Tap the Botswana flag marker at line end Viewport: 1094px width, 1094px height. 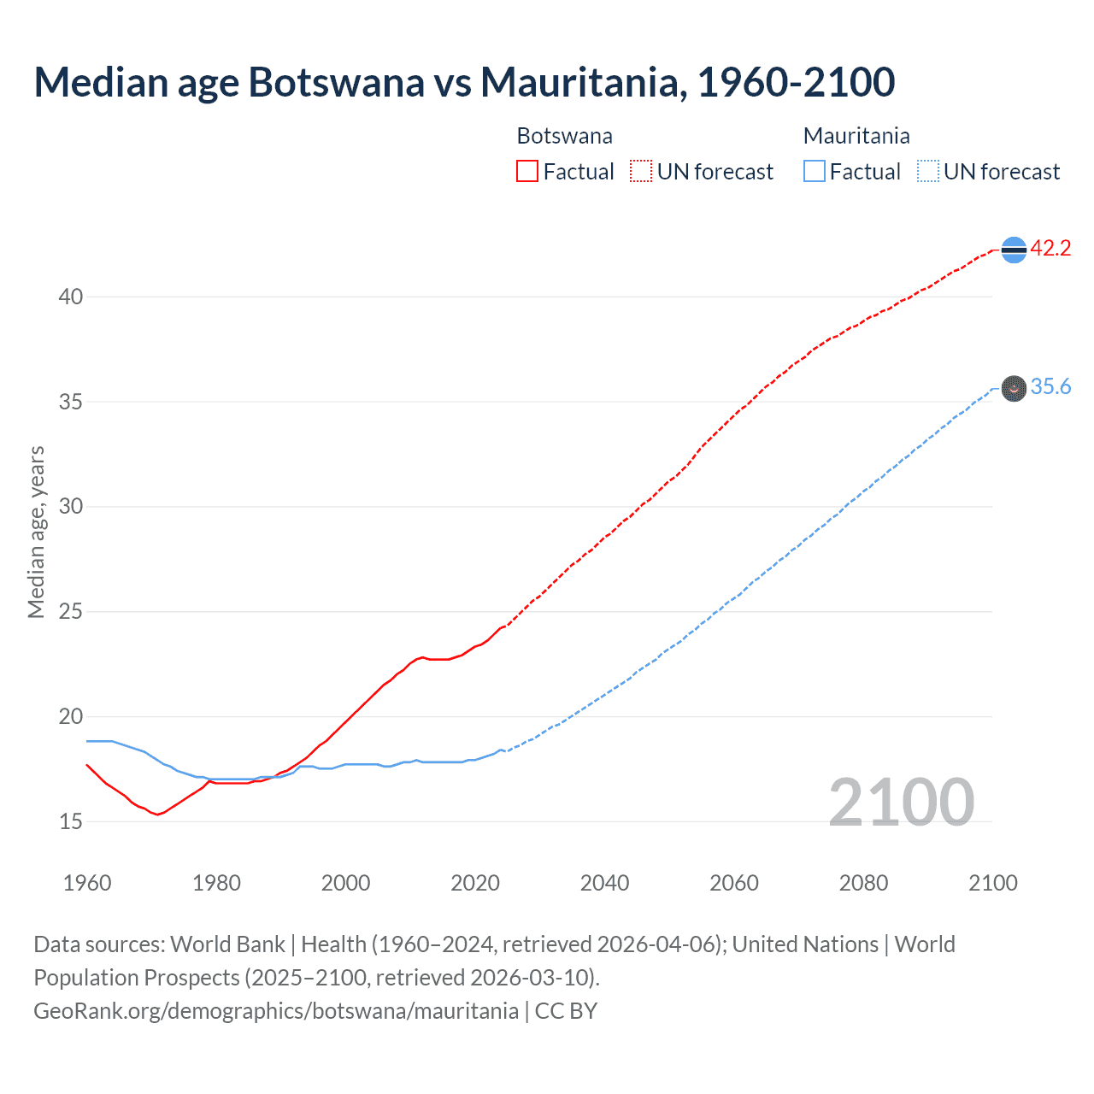click(1014, 250)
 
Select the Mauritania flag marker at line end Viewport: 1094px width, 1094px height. click(1014, 388)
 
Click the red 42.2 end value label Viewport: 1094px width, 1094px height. click(1050, 249)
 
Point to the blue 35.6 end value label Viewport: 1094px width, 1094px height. click(1050, 387)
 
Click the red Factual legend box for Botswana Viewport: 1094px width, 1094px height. click(527, 172)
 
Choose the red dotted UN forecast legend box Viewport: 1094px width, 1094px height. click(641, 172)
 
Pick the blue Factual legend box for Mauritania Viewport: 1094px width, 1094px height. click(814, 172)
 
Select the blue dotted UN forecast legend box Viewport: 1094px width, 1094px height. click(927, 172)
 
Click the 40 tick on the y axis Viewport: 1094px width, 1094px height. click(71, 297)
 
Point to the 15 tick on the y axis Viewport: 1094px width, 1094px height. click(71, 821)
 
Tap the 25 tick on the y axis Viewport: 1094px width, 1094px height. click(71, 612)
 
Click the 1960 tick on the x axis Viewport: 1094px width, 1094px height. click(87, 883)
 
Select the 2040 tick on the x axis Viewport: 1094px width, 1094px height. click(604, 883)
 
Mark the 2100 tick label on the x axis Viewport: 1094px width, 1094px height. click(992, 883)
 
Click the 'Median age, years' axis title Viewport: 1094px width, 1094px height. click(36, 532)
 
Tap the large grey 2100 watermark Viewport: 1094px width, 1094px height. click(901, 802)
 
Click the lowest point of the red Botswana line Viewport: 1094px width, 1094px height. click(157, 815)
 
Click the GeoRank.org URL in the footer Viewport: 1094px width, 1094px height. click(276, 1011)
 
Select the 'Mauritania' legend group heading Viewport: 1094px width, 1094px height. click(856, 136)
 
